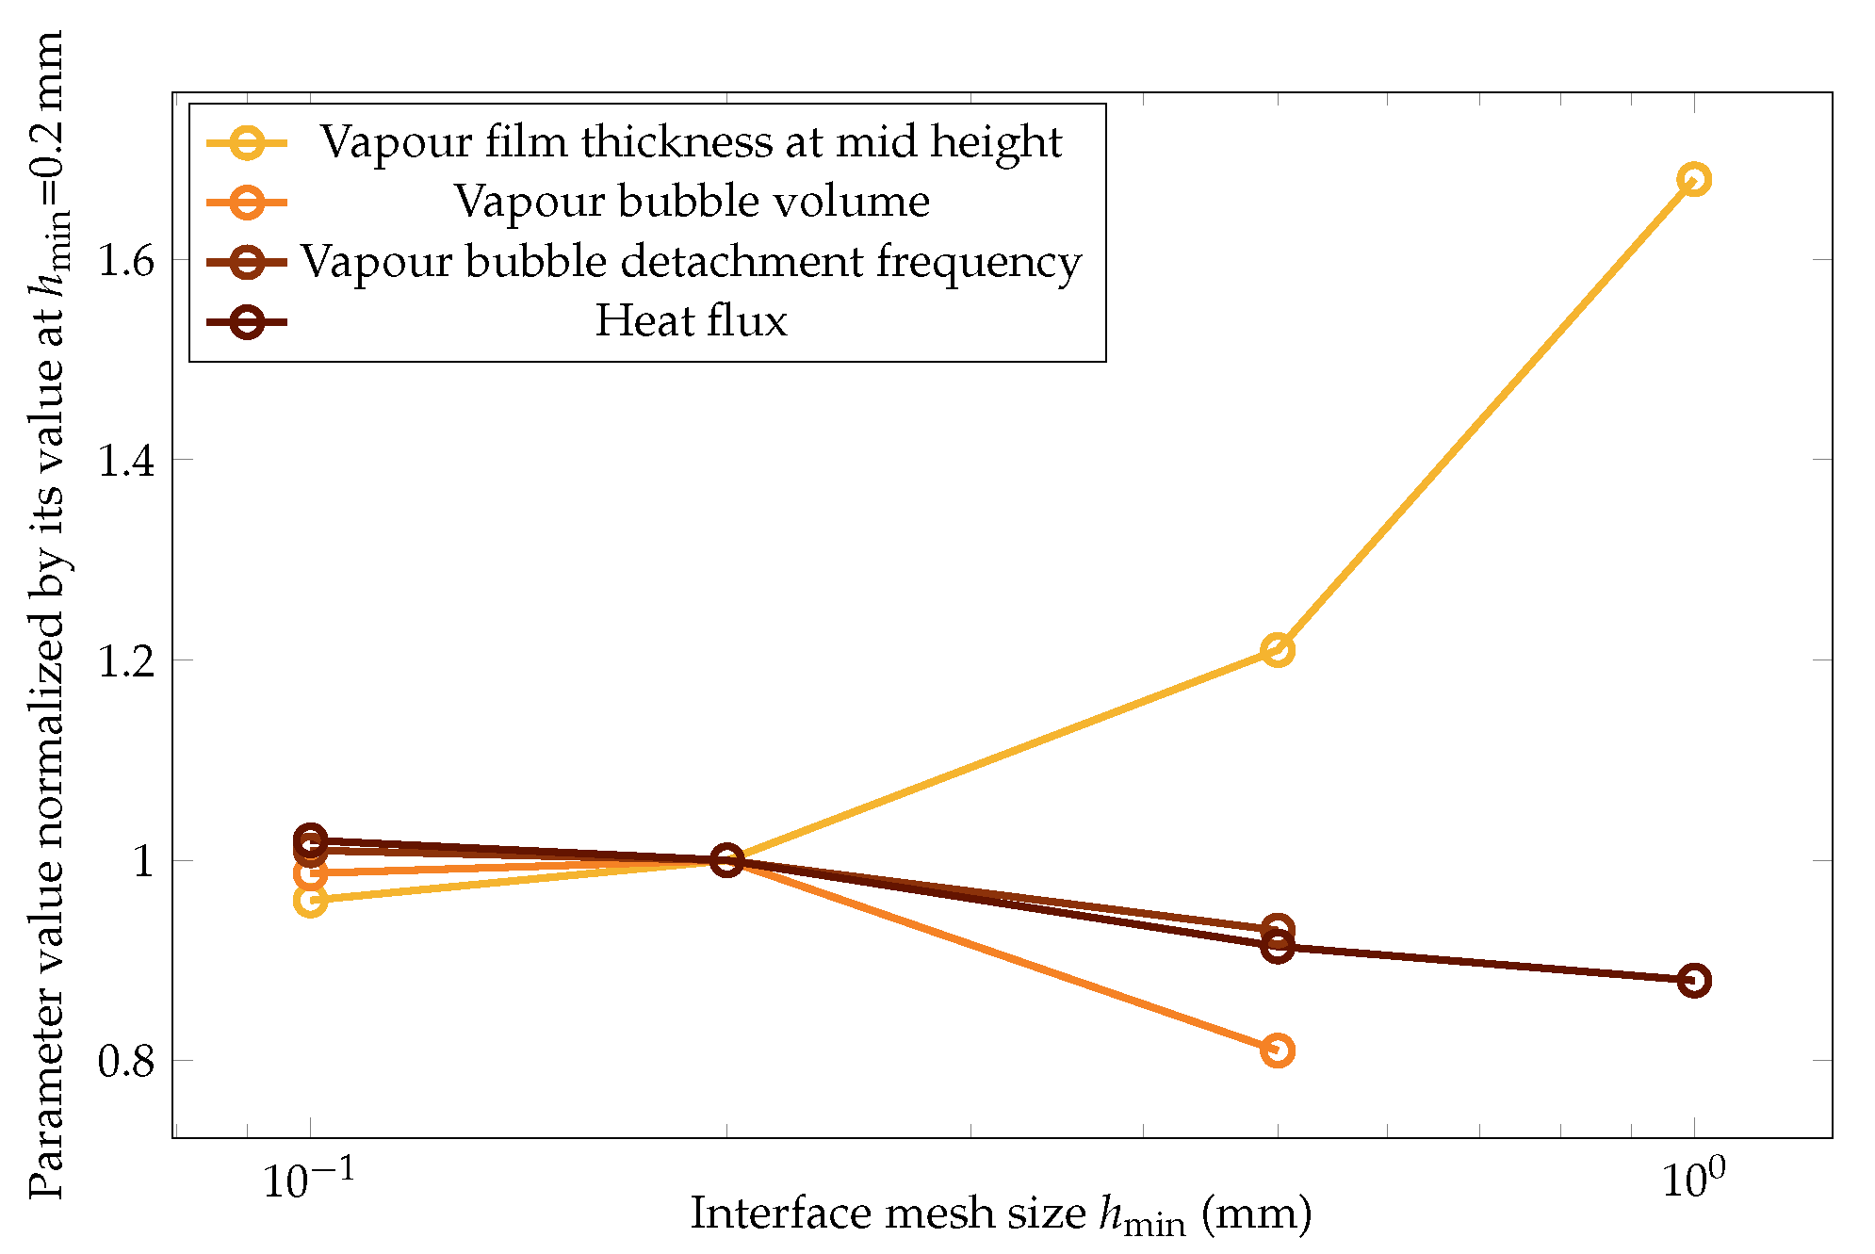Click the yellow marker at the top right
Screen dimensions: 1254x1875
1693,179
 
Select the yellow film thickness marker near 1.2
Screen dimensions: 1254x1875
1276,650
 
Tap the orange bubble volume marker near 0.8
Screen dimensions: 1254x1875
1276,1050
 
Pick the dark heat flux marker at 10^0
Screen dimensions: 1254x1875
1693,981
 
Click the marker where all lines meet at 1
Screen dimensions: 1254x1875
726,859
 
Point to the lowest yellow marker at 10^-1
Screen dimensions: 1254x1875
310,901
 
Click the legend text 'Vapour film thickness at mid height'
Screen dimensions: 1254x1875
691,142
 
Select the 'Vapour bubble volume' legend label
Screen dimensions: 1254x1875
691,202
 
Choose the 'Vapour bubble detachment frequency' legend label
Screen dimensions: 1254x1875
691,262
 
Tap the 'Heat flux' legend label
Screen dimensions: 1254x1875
691,321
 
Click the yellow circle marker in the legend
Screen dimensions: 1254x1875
247,143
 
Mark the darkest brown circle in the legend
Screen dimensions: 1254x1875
247,322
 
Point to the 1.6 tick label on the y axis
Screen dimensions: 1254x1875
126,260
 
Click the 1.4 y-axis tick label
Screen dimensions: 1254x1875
126,461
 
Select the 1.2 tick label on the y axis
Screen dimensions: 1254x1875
126,661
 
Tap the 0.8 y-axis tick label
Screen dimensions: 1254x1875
126,1062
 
